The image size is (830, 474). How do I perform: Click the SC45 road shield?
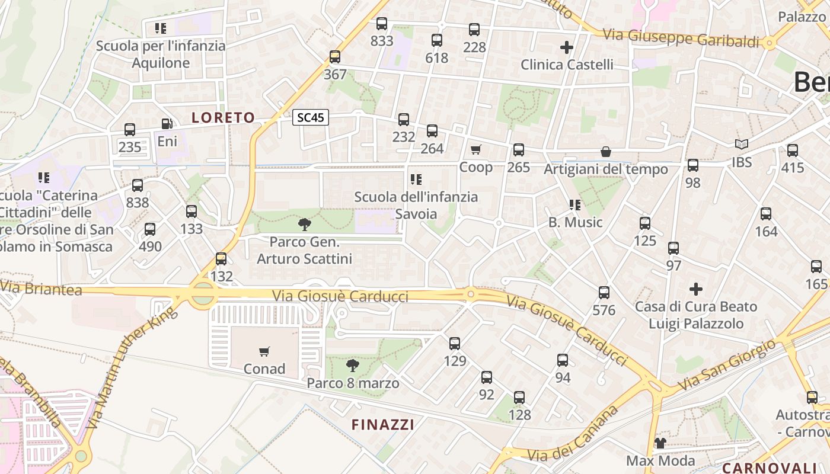311,117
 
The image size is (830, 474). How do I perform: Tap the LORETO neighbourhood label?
223,117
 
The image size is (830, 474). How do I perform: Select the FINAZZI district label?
383,424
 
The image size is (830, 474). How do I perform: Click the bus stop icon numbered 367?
335,57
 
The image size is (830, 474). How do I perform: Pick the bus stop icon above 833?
382,24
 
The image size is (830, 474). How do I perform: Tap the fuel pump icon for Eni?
167,124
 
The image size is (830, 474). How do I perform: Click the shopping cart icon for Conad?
264,351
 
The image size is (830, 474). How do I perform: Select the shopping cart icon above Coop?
476,149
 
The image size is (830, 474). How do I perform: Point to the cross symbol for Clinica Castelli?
567,47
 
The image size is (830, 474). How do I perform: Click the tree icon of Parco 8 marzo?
353,364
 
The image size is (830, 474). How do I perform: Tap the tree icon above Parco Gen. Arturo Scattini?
305,224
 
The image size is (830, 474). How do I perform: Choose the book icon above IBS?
741,144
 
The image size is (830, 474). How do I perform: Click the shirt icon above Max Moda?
660,443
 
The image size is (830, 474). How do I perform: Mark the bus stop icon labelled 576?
604,293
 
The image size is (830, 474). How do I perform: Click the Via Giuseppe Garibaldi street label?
681,38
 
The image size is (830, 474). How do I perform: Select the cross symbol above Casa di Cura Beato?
696,289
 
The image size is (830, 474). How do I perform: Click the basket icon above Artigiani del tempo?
606,152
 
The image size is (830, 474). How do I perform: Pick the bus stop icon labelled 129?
455,344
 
